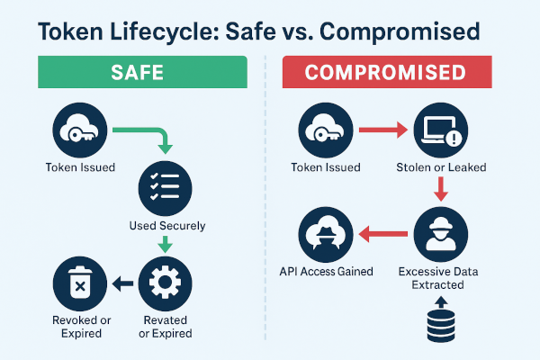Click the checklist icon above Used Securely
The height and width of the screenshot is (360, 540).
(x=165, y=187)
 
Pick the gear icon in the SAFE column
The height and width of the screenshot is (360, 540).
(x=165, y=283)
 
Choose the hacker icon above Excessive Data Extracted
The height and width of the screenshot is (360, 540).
(x=437, y=234)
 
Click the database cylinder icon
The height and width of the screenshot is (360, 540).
(x=437, y=328)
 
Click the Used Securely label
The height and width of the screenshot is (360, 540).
(x=166, y=225)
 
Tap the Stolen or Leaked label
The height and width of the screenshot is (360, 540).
(x=437, y=167)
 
